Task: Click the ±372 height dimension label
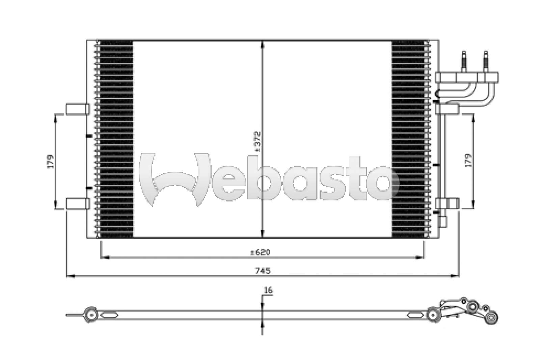coord(258,141)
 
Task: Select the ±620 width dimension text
coord(260,252)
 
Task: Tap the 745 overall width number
coord(263,271)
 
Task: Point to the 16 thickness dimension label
coord(269,290)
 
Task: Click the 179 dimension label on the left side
coord(51,162)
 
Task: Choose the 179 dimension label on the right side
coord(468,161)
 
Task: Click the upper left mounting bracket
coord(78,109)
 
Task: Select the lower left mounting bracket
coord(78,203)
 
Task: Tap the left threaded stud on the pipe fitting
coord(464,61)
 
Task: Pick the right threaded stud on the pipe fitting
coord(486,61)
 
